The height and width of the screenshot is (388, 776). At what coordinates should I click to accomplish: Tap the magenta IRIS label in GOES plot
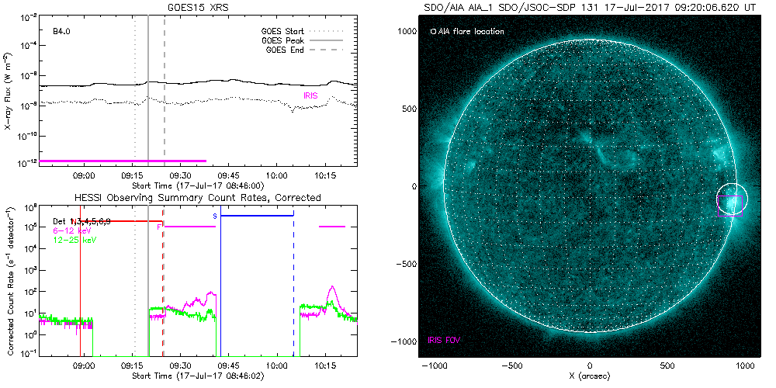pos(311,95)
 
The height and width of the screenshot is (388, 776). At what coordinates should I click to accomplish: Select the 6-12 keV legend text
pos(71,230)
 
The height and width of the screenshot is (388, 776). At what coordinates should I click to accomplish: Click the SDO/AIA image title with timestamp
pos(591,7)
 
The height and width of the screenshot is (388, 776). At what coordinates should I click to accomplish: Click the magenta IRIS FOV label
pos(447,340)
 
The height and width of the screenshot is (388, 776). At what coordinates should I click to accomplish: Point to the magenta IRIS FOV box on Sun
pos(730,206)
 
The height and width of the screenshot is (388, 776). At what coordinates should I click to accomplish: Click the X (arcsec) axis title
pos(591,376)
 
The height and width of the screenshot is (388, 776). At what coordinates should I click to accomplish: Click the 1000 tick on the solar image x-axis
pos(747,365)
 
